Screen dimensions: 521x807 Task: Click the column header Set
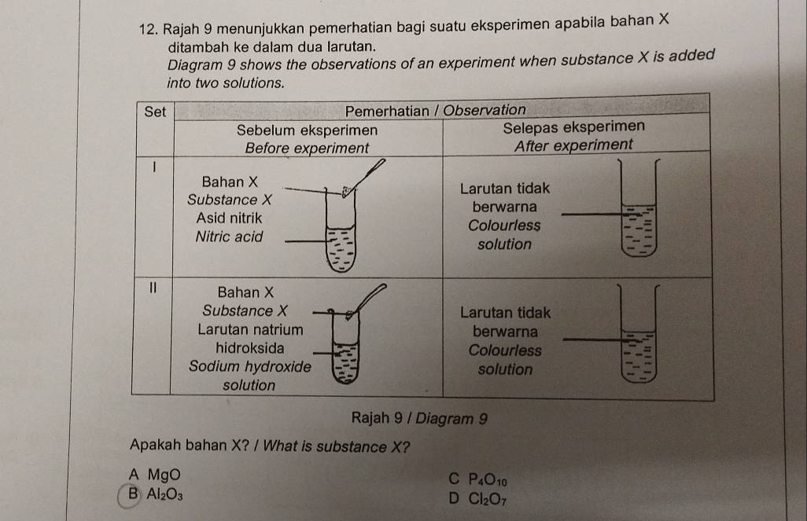(155, 112)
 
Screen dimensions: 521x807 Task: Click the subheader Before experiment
(307, 148)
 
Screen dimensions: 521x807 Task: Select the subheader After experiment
(573, 146)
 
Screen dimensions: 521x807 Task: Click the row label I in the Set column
(155, 167)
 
